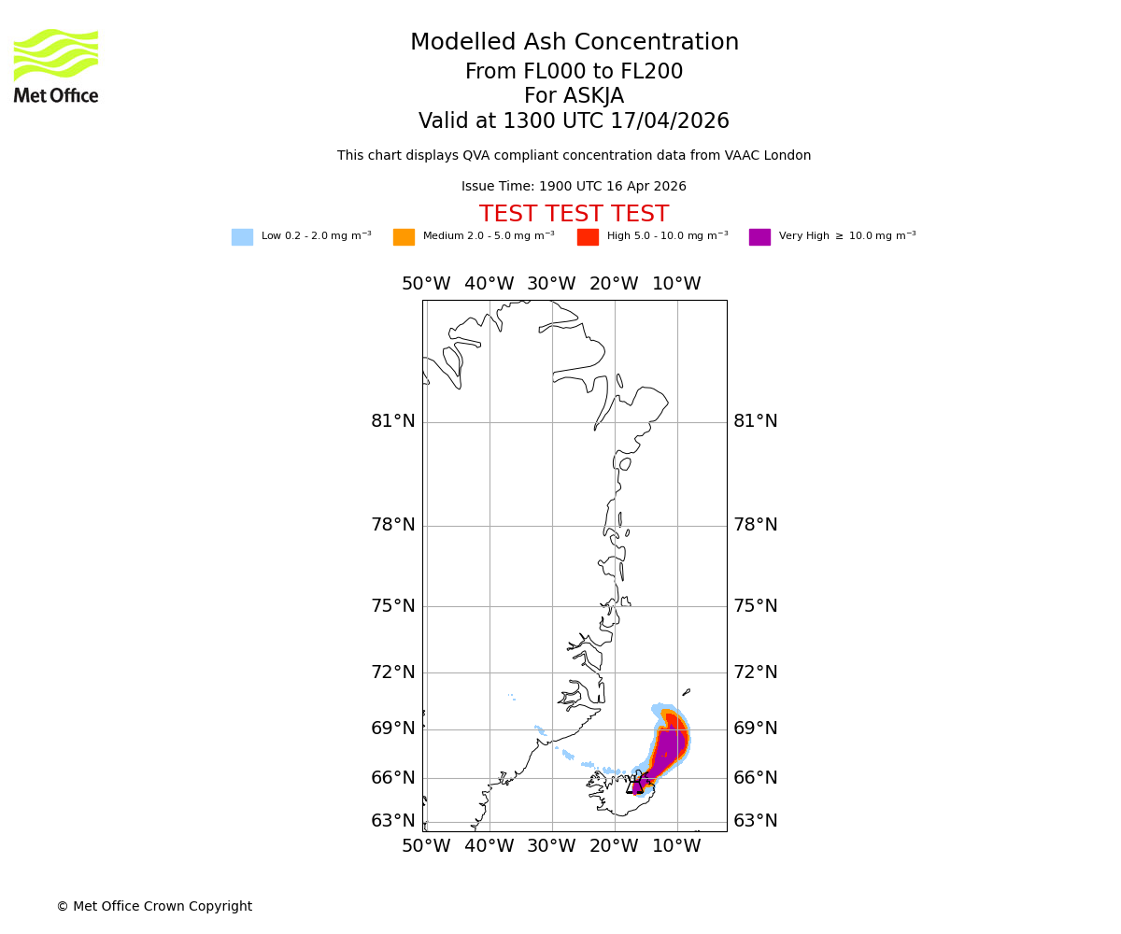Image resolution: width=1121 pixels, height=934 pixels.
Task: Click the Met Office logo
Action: [56, 65]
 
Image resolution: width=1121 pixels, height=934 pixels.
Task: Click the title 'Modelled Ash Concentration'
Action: [575, 43]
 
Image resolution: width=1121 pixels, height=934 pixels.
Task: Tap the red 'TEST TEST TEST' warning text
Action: [574, 215]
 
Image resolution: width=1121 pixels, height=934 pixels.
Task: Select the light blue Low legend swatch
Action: [242, 237]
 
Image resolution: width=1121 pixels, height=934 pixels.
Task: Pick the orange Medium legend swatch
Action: [404, 237]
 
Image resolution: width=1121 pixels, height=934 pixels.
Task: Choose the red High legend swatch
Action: [588, 237]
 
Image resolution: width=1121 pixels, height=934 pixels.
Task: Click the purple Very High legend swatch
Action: [759, 237]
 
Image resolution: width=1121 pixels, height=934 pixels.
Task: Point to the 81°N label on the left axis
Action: [393, 421]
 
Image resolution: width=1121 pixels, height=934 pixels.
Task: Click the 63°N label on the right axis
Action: [756, 821]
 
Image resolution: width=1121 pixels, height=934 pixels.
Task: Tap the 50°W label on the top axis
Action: [426, 284]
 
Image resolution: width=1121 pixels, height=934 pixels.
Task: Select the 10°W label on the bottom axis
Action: [676, 846]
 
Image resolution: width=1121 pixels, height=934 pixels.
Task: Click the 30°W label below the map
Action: [551, 846]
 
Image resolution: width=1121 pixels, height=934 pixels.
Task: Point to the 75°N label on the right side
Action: [756, 606]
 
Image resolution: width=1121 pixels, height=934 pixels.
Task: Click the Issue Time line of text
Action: [574, 187]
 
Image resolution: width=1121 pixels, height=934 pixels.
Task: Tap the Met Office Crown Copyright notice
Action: [154, 907]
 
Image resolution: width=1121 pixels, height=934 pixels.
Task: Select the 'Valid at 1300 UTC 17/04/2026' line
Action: [574, 121]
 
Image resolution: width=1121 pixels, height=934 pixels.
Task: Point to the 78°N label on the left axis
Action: [393, 525]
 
